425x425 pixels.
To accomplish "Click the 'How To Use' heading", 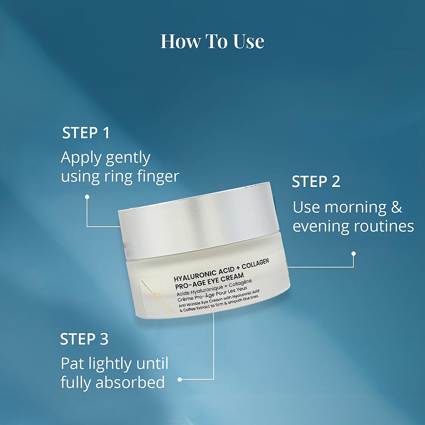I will pyautogui.click(x=212, y=41).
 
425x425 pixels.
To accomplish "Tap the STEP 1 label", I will pyautogui.click(x=86, y=133).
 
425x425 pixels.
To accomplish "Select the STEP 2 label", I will pyautogui.click(x=316, y=181).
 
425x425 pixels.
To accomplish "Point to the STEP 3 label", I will pyautogui.click(x=84, y=339).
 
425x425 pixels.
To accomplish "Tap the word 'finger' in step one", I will pyautogui.click(x=159, y=176).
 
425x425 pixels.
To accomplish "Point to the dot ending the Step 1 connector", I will pyautogui.click(x=87, y=196).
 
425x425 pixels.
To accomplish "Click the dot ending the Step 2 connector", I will pyautogui.click(x=353, y=254).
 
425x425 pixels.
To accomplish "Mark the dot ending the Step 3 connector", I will pyautogui.click(x=180, y=379).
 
